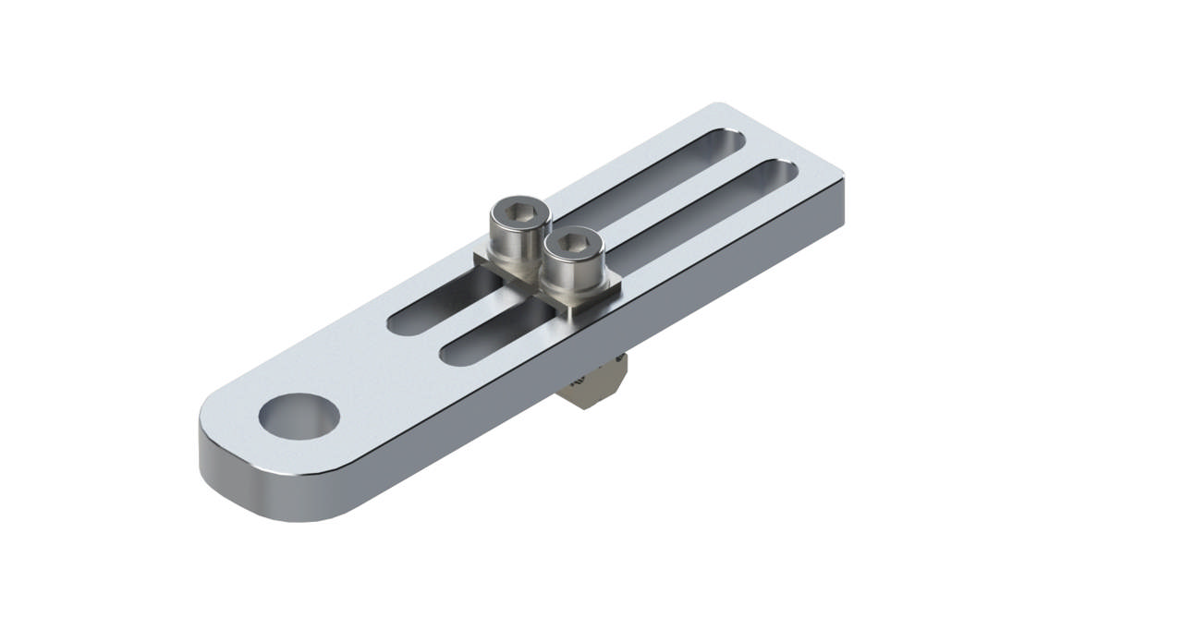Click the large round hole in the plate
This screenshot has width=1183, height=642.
point(298,415)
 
